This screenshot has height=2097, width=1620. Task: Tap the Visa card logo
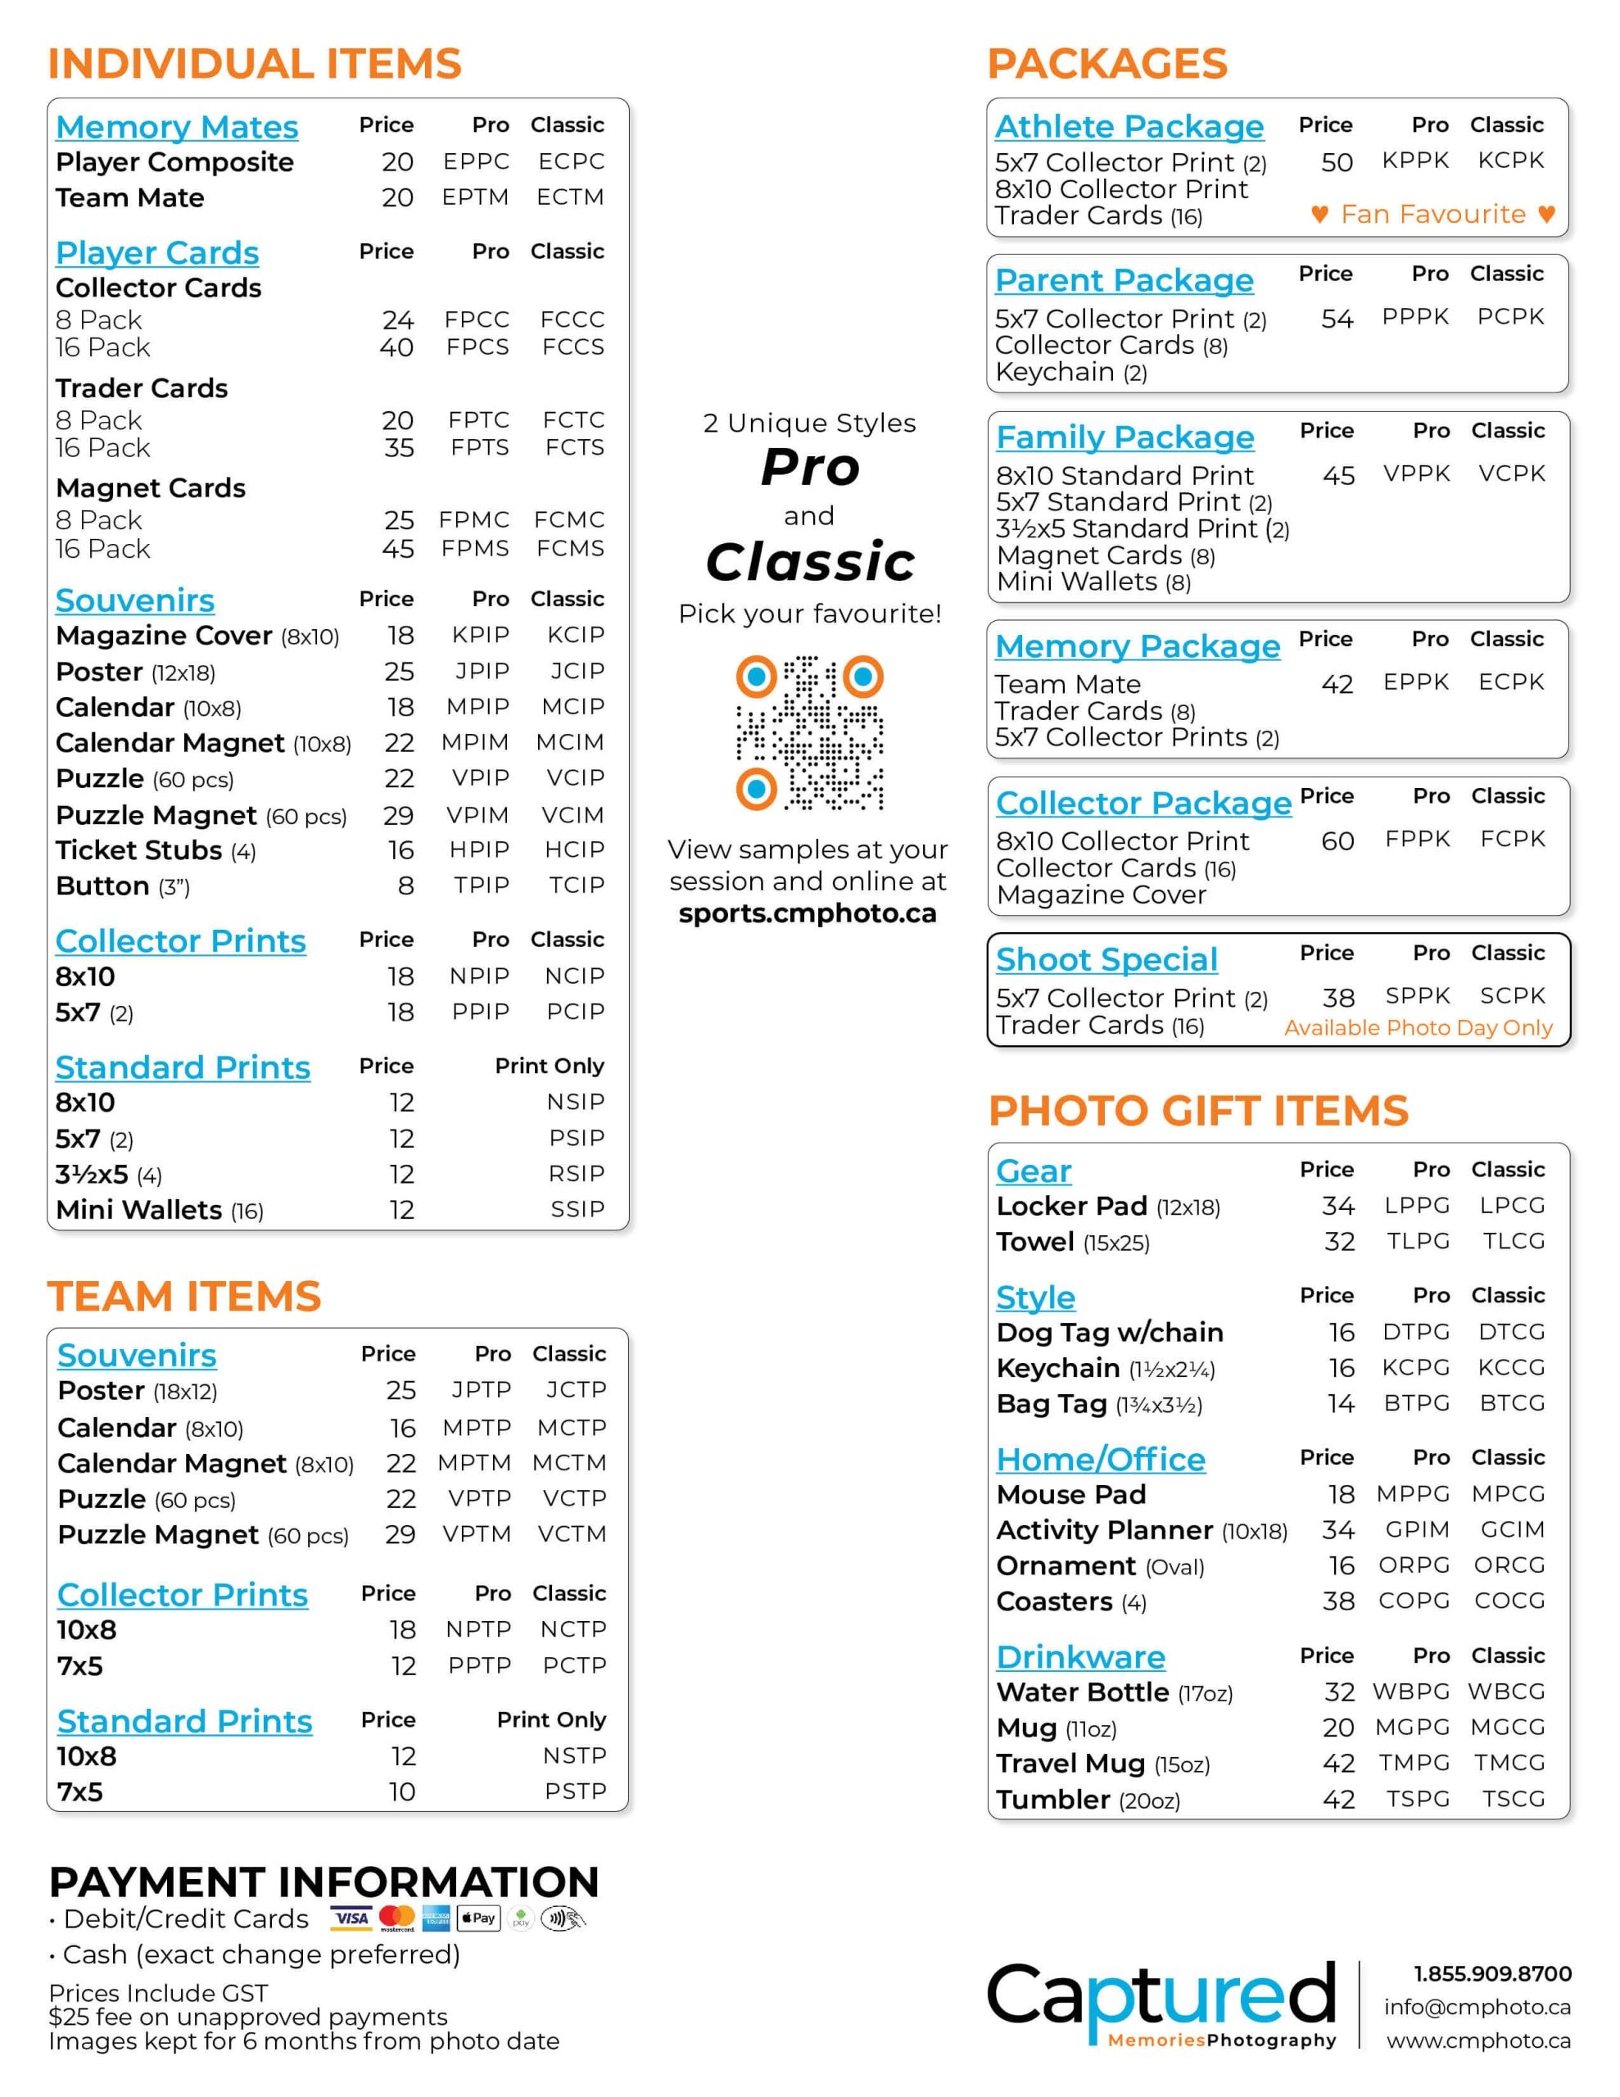[351, 1918]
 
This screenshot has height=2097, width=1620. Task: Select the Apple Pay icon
[478, 1918]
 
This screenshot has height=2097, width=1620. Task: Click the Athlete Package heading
[1129, 127]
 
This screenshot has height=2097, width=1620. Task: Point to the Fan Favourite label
[1432, 214]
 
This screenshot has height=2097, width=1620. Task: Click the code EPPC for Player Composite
[477, 161]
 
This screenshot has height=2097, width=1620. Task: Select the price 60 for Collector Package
[1337, 841]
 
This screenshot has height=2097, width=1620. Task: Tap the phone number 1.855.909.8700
[1492, 1974]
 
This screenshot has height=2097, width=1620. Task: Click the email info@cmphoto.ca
[1477, 2007]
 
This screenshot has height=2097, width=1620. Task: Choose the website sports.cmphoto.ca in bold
[808, 913]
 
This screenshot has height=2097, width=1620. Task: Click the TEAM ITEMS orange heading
[184, 1296]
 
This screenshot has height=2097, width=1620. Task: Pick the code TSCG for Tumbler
[1514, 1798]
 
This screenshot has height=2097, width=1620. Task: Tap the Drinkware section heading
[1080, 1656]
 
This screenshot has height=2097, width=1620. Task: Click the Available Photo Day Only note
[1419, 1027]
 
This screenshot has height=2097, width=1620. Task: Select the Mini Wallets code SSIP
[577, 1210]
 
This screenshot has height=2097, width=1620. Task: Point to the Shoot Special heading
[1106, 959]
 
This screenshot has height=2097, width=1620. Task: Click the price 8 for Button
[406, 885]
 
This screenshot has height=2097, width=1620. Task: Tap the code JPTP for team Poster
[481, 1389]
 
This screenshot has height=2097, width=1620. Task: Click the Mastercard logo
[396, 1918]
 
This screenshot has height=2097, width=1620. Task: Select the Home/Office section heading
[1101, 1460]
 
